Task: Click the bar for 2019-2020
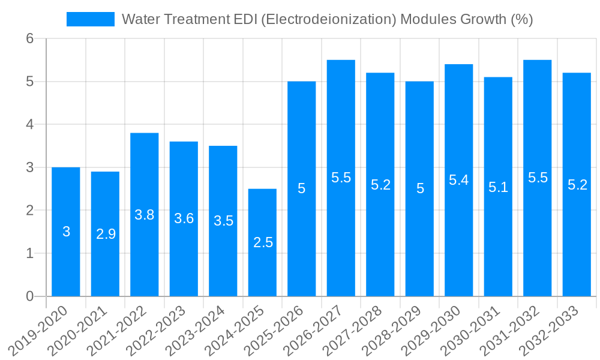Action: pos(66,232)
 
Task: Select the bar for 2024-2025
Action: pos(262,242)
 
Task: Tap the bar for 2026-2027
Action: pos(341,178)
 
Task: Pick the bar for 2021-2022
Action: pos(145,215)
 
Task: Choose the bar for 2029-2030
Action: pos(459,180)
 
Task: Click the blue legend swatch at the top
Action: pos(90,19)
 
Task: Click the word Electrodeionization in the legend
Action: pos(329,19)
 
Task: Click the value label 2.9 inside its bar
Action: pos(106,235)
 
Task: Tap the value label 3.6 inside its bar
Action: pos(184,218)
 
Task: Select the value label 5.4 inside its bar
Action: pos(459,180)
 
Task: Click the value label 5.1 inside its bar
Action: pos(498,187)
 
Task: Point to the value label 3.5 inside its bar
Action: pos(223,221)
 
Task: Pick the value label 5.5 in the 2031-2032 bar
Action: pos(538,178)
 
